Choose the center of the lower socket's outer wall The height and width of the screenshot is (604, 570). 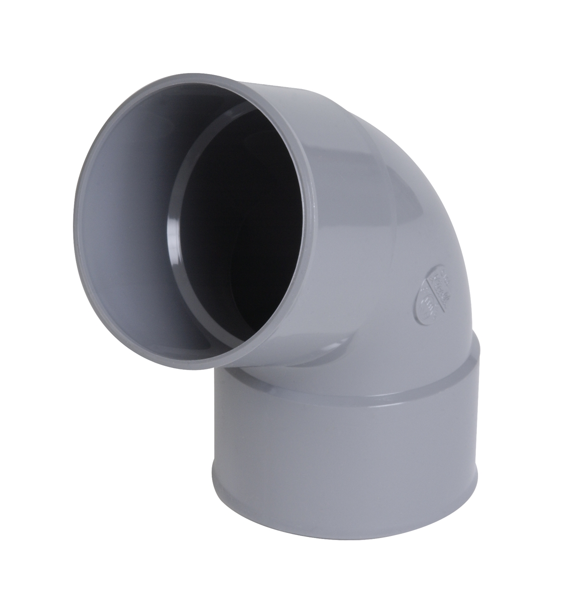coord(347,478)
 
